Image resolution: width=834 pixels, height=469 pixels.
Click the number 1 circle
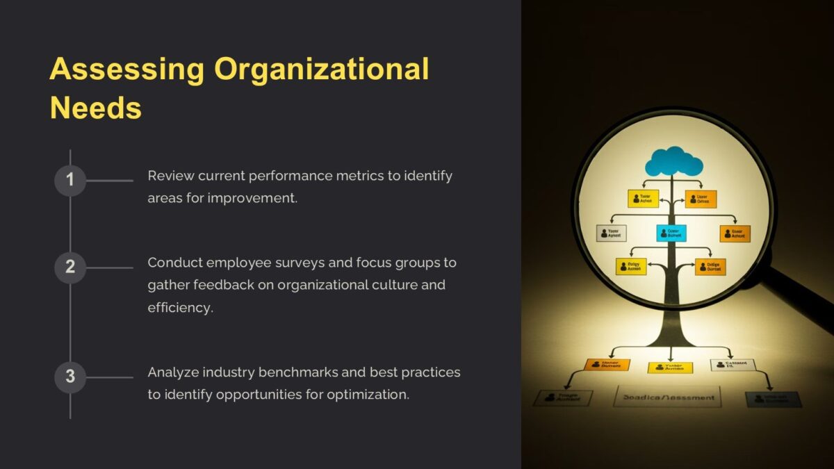coord(69,181)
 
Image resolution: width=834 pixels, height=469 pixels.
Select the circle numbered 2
coord(69,267)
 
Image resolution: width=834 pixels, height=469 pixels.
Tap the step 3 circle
coord(69,377)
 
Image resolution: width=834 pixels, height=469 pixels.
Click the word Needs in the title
coord(96,108)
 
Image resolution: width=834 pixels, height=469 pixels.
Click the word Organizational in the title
coord(321,69)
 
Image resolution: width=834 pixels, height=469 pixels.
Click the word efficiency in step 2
coord(180,307)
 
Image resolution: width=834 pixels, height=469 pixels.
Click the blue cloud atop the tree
coord(673,162)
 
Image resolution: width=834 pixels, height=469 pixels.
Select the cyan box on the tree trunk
coord(671,233)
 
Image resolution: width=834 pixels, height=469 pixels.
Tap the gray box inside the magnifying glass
coord(612,233)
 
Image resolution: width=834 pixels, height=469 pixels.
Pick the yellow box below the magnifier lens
coord(670,368)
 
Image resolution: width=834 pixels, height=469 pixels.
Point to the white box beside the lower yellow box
coord(732,365)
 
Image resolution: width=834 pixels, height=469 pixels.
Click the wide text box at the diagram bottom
coord(667,397)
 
